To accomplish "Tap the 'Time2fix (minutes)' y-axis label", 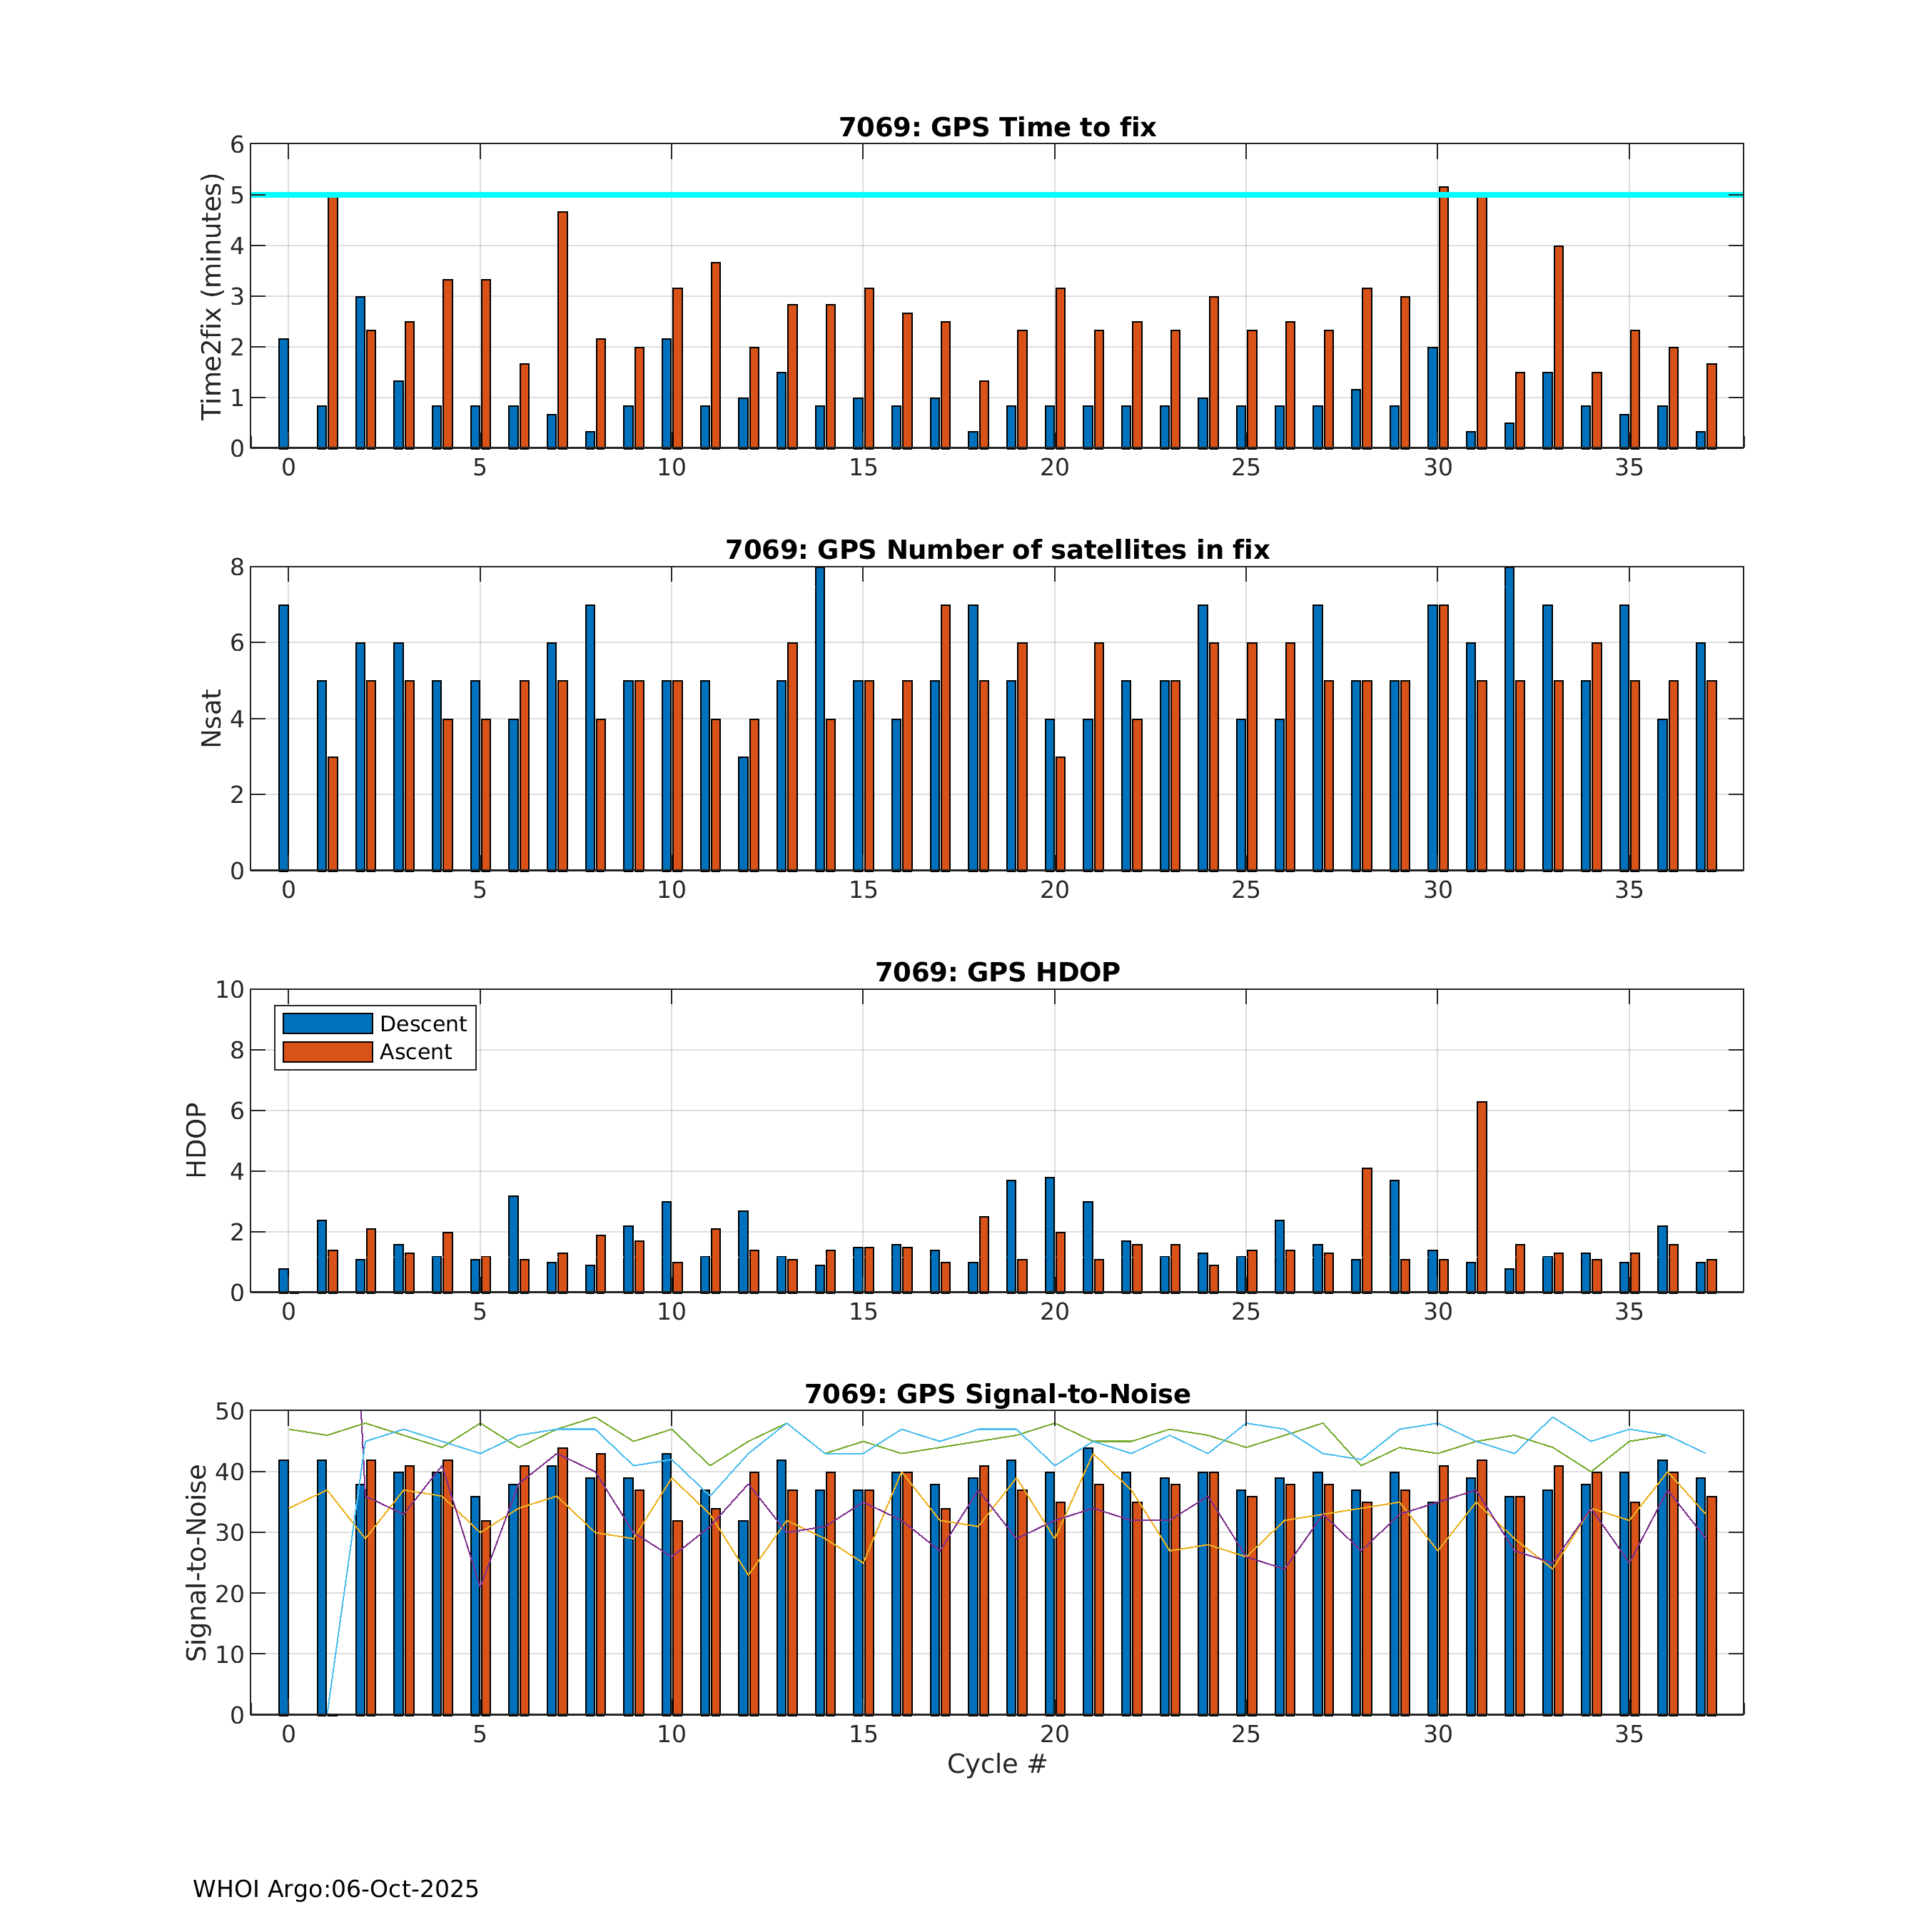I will (211, 296).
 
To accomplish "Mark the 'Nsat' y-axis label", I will (211, 718).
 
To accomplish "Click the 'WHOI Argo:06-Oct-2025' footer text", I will (335, 1889).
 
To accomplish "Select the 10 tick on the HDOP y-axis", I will (229, 989).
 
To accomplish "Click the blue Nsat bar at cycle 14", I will (820, 718).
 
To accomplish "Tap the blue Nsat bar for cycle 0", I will (283, 738).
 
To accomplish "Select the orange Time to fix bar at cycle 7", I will (562, 329).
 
